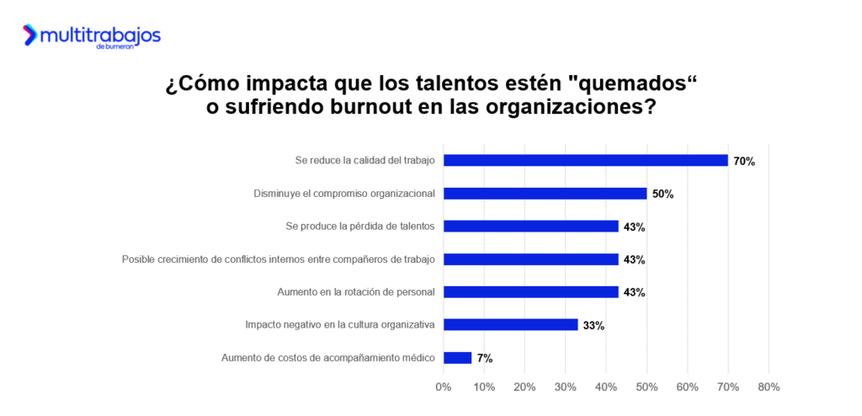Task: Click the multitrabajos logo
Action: pos(91,35)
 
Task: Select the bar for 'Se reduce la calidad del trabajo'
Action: pos(585,160)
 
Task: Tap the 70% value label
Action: pos(744,161)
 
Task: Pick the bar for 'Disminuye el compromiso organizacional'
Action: pos(545,193)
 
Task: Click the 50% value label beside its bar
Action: pos(662,194)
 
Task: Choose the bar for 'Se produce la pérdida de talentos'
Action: pos(530,226)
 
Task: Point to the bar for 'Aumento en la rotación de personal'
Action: pos(530,291)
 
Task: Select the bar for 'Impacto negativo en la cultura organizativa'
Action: pos(510,324)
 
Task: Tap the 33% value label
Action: pos(593,325)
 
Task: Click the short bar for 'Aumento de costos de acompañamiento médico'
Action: pos(457,357)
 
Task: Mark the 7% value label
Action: pos(485,358)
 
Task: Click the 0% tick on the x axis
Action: pos(443,387)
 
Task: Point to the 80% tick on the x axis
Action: pos(769,387)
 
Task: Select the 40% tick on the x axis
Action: pos(606,387)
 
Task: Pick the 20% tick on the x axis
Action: pos(524,387)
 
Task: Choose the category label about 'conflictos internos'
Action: pos(278,259)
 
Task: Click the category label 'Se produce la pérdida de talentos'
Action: pos(359,227)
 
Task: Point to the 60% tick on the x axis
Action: pos(687,387)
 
